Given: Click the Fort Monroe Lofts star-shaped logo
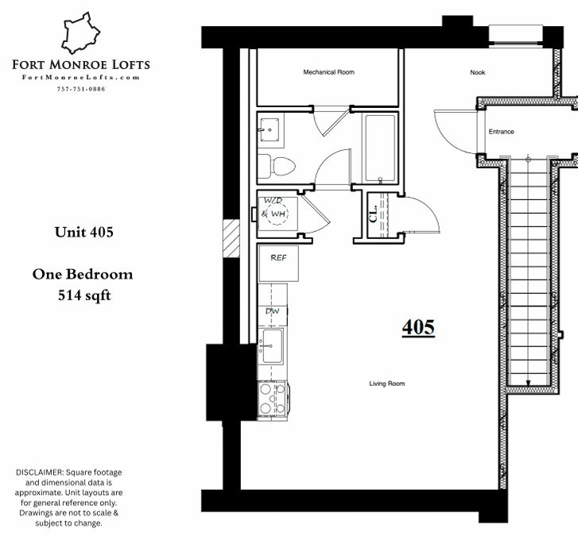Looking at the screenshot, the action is click(81, 33).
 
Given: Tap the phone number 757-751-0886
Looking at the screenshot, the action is click(81, 89).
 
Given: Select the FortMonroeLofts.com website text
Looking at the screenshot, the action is click(81, 77).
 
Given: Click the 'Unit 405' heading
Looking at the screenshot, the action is click(84, 232).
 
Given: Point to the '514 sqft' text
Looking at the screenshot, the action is click(84, 295).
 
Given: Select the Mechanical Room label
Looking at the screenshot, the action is click(329, 72).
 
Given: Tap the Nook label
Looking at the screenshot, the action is click(477, 72).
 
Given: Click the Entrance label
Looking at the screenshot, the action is click(502, 132).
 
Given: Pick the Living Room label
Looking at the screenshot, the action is click(386, 384).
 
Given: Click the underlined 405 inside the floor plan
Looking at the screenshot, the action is click(418, 327).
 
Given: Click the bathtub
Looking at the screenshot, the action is click(380, 148).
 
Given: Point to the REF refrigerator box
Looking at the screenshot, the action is click(278, 263).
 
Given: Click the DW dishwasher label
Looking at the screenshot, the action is click(273, 311).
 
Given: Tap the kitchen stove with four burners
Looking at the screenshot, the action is click(273, 399).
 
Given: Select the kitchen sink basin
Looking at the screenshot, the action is click(273, 345).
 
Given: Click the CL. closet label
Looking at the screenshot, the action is click(373, 214).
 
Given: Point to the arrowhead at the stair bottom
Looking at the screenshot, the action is click(528, 384).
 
